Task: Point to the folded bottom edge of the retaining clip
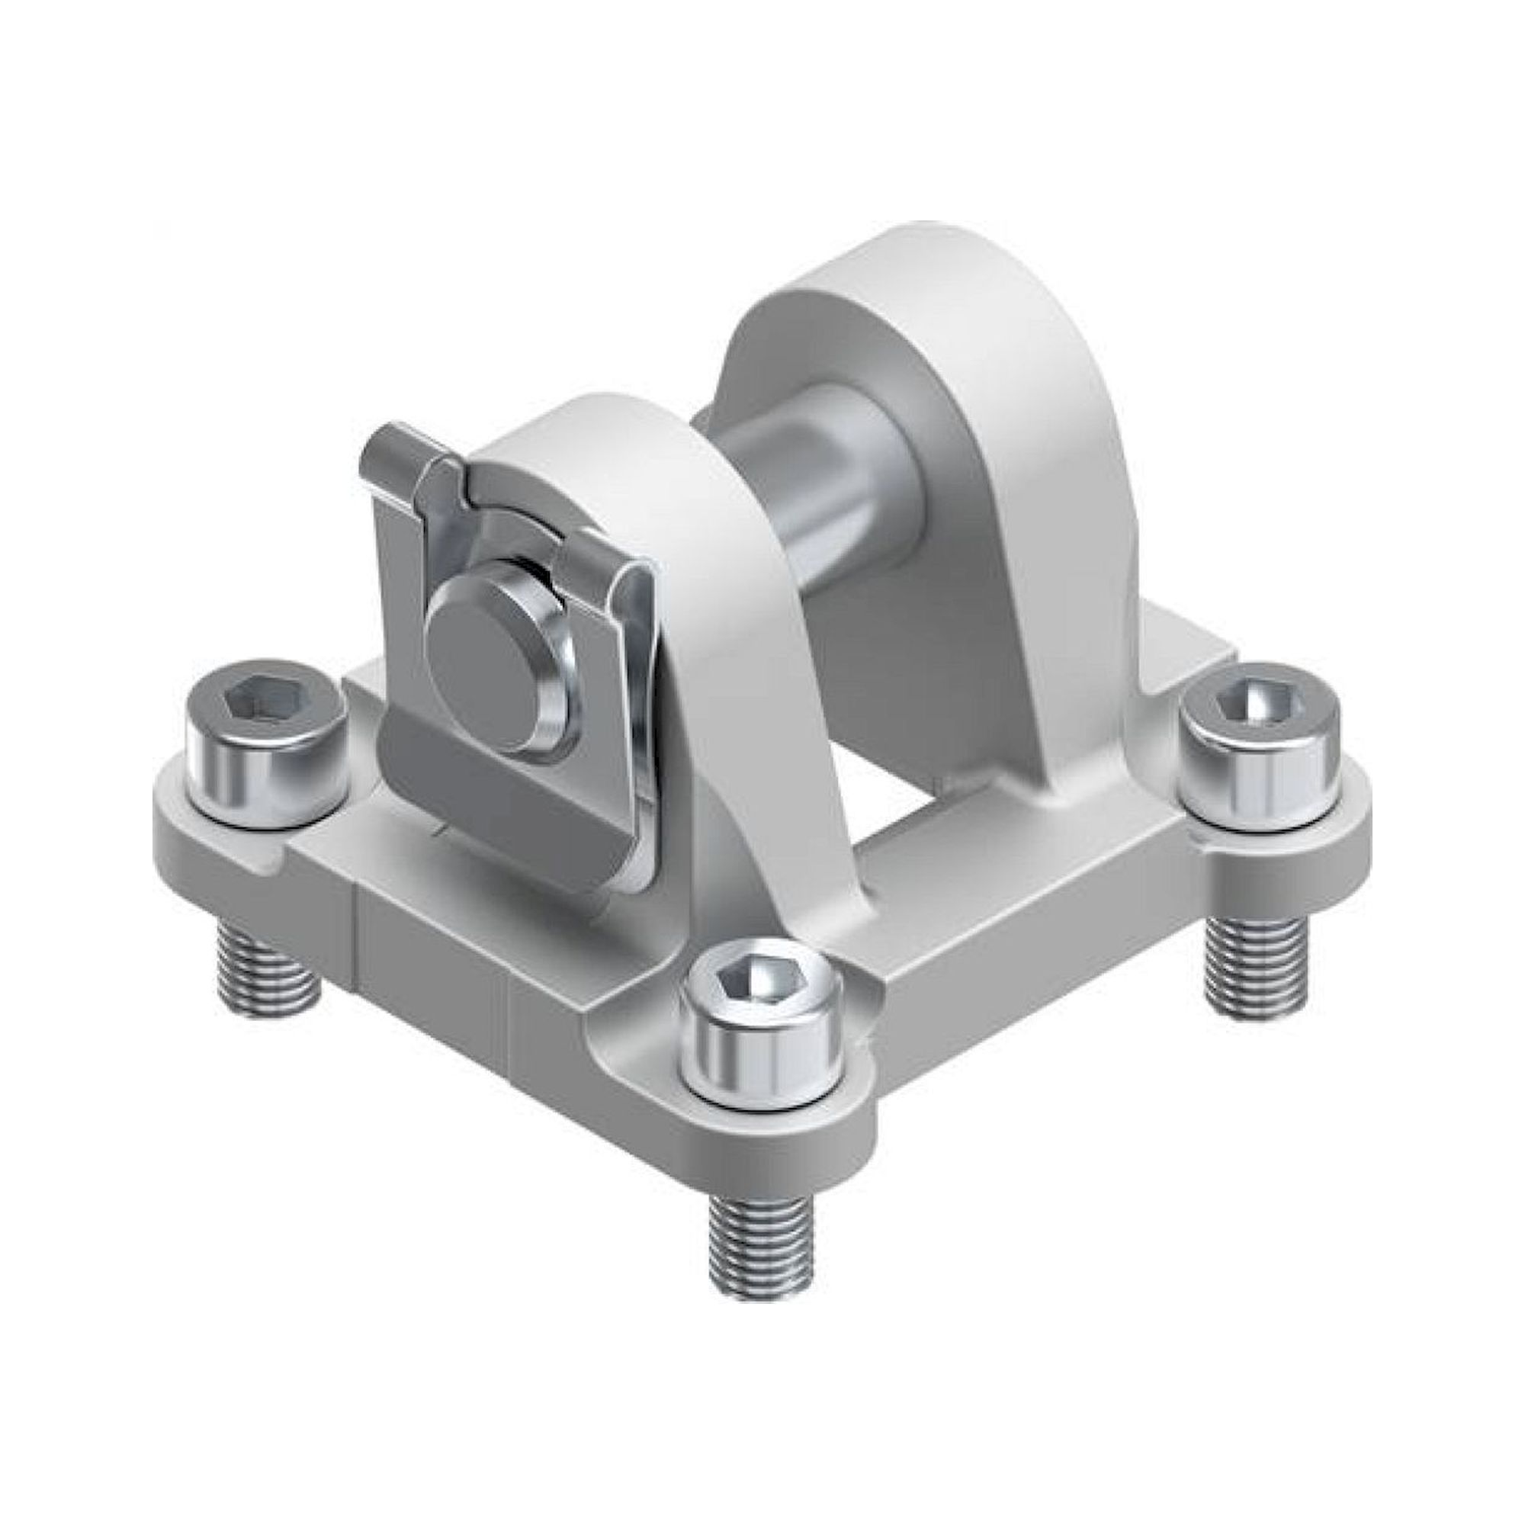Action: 506,821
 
